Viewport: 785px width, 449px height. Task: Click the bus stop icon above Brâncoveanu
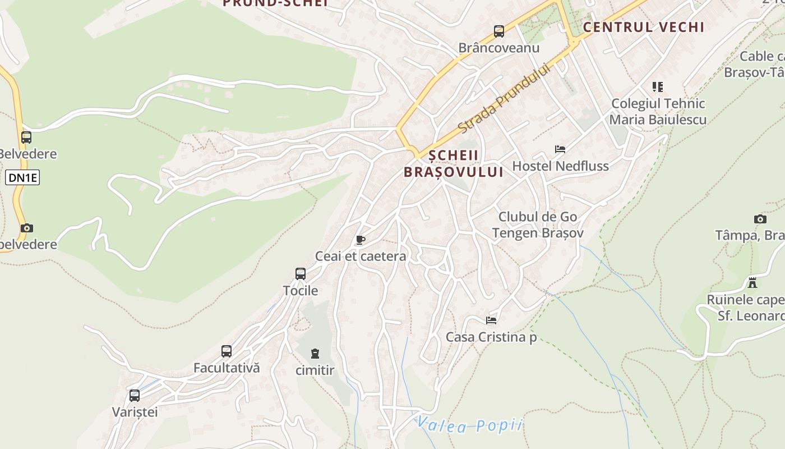498,31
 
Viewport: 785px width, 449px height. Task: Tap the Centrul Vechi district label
643,27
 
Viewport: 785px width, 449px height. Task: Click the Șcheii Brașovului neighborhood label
453,163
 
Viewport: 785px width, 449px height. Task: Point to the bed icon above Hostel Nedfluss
560,149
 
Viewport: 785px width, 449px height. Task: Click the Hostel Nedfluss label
560,166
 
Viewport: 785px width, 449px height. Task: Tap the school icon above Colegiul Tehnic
658,87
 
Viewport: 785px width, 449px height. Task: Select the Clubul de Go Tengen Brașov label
538,224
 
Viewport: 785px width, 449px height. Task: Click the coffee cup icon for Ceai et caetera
361,240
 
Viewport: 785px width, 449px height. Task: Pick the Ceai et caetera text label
361,256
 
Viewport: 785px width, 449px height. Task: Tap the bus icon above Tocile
301,274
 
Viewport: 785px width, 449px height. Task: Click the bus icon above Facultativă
227,351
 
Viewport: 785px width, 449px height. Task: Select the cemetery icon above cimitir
315,354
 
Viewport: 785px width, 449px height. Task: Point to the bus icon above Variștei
135,395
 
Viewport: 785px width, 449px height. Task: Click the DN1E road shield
22,178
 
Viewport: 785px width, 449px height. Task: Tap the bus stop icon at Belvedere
26,138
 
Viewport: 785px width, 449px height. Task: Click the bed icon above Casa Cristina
491,320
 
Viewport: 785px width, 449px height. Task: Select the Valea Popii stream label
470,425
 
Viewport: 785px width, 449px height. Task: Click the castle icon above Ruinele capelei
752,283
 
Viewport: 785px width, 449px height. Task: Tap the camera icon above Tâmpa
760,219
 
